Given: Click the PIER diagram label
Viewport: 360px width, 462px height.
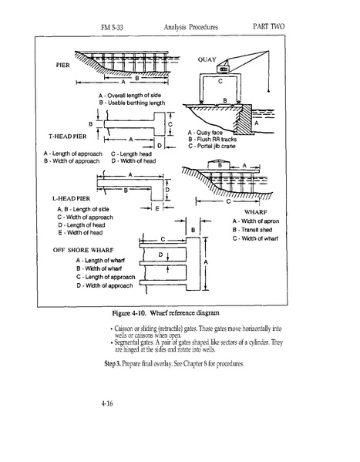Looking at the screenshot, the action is coord(62,65).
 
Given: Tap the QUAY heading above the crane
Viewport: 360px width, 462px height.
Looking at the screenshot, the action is coord(207,59).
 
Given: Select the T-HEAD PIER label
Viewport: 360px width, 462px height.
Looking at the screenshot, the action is coord(68,137).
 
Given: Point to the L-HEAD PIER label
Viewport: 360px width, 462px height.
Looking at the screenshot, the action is coord(71,198).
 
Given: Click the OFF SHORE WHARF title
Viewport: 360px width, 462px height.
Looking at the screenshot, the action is coord(83,250).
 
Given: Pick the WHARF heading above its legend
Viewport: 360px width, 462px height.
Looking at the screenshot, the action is coord(255,212).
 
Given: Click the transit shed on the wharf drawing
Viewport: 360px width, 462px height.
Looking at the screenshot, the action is coord(220,165).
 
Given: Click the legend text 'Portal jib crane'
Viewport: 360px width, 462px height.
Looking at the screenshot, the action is coord(212,146).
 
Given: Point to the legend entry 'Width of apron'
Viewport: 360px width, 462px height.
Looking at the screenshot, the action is coord(256,221).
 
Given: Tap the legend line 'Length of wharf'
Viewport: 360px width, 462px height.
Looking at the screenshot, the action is coord(100,261).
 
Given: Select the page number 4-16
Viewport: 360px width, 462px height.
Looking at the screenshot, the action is coord(107,403).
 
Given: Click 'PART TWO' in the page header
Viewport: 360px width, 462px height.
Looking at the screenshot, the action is coord(269,26).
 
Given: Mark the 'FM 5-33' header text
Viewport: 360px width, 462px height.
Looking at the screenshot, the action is coord(112,28).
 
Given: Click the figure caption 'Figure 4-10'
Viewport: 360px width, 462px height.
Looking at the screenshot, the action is coord(130,313).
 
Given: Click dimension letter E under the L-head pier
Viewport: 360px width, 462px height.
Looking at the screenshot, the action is coord(157,208).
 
